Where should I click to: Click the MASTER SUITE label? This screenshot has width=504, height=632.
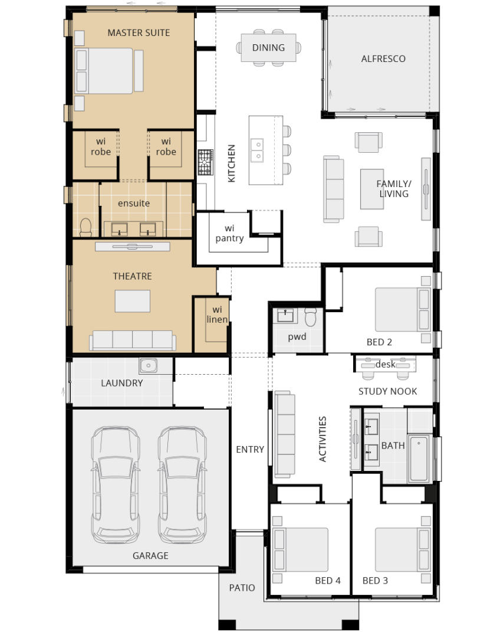click(139, 32)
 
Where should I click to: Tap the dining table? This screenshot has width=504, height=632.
click(268, 48)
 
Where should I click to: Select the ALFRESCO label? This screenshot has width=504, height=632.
click(383, 59)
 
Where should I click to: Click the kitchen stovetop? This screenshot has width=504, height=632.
click(205, 162)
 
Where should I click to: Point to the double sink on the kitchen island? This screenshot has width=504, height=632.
click(257, 150)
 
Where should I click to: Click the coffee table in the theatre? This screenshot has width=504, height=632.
click(133, 301)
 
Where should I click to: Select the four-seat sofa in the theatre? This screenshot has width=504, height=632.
click(133, 340)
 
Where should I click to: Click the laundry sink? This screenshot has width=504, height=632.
click(149, 366)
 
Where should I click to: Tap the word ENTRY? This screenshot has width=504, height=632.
click(250, 450)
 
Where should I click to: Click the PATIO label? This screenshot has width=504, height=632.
click(242, 588)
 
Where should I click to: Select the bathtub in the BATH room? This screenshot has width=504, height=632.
click(419, 459)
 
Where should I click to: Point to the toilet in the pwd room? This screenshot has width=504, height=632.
click(311, 317)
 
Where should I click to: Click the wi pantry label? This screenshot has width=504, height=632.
click(229, 233)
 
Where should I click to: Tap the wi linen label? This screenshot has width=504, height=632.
click(217, 315)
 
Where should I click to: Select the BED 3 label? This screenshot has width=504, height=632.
click(375, 581)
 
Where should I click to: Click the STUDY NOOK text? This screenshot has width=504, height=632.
click(388, 391)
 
